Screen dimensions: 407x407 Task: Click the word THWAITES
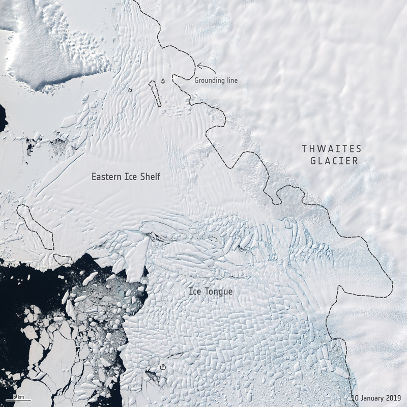(331, 149)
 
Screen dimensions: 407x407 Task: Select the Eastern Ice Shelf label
(126, 177)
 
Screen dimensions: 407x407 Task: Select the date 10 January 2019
(376, 397)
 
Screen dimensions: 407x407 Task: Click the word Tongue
(220, 292)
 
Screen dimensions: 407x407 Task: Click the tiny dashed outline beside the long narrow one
(163, 80)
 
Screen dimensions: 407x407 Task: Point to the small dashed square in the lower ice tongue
(163, 366)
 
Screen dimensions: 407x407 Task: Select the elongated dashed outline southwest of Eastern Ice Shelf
(36, 226)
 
